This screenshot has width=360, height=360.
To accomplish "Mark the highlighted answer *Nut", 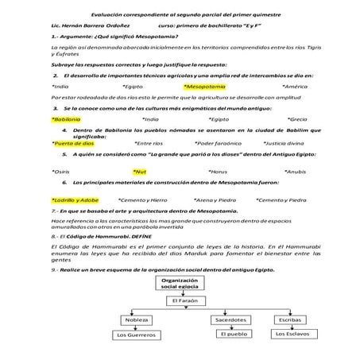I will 140,171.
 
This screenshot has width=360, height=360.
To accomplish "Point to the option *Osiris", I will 60,171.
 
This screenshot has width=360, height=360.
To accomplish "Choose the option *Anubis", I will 295,171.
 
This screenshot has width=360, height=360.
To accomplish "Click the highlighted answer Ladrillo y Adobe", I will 75,199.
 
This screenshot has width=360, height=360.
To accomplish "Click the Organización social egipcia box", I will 179,285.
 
